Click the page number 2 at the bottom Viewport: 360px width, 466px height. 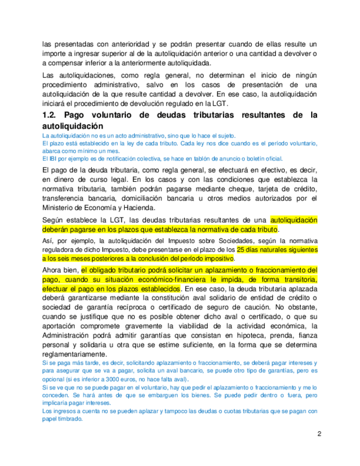point(319,434)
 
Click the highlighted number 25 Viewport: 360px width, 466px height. point(242,249)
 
